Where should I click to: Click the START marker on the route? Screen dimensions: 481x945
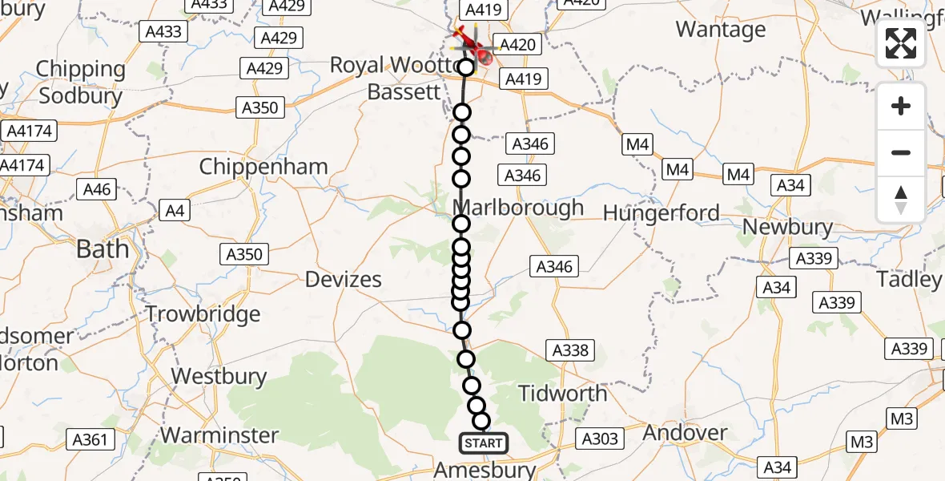(x=483, y=443)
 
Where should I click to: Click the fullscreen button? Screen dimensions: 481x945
(x=901, y=43)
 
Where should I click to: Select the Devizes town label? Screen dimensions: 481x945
(x=344, y=280)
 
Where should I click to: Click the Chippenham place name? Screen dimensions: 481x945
(x=263, y=167)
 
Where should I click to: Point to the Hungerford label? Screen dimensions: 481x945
(x=661, y=213)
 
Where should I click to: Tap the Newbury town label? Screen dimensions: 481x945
(x=787, y=227)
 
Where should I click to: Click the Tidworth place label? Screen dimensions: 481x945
(x=563, y=394)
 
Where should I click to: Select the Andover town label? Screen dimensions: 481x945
(x=685, y=433)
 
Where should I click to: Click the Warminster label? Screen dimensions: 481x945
(x=219, y=435)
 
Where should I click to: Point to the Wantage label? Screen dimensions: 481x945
(x=721, y=30)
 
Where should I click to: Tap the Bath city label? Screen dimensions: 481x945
(x=103, y=249)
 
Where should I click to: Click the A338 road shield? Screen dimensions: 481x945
(x=570, y=350)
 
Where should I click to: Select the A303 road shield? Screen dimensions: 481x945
(x=600, y=439)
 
